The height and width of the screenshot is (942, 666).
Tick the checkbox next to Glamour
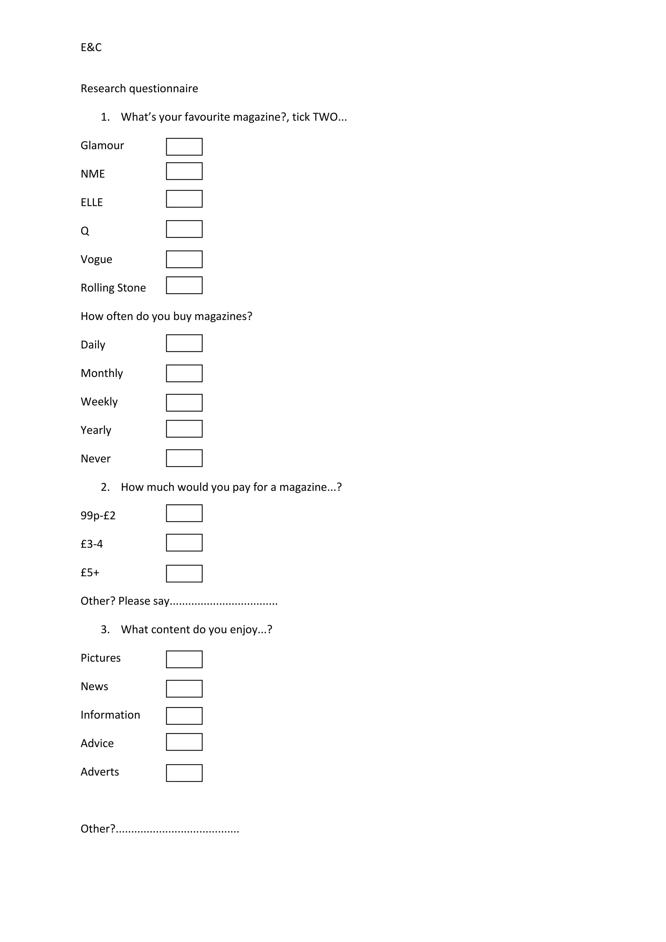(x=184, y=147)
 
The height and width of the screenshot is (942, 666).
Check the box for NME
(x=184, y=171)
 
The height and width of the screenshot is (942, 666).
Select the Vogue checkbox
(x=184, y=259)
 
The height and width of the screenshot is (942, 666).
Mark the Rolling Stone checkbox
(x=184, y=285)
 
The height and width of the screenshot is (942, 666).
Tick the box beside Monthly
(x=184, y=373)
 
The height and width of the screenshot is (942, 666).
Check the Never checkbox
(x=184, y=458)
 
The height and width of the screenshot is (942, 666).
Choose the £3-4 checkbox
(x=184, y=543)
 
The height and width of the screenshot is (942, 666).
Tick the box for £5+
(x=184, y=573)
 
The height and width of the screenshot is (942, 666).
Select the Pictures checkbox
(x=184, y=659)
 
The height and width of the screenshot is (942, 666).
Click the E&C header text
(x=91, y=47)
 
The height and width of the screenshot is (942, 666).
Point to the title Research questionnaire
(x=139, y=88)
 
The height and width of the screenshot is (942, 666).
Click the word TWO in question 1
(x=325, y=117)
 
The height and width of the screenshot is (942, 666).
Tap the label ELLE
(x=91, y=203)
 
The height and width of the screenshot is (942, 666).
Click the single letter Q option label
(x=85, y=231)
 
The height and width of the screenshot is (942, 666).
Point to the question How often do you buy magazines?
(x=166, y=316)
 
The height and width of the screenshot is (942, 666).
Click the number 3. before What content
(x=105, y=630)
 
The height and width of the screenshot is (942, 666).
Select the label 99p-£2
(x=98, y=516)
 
